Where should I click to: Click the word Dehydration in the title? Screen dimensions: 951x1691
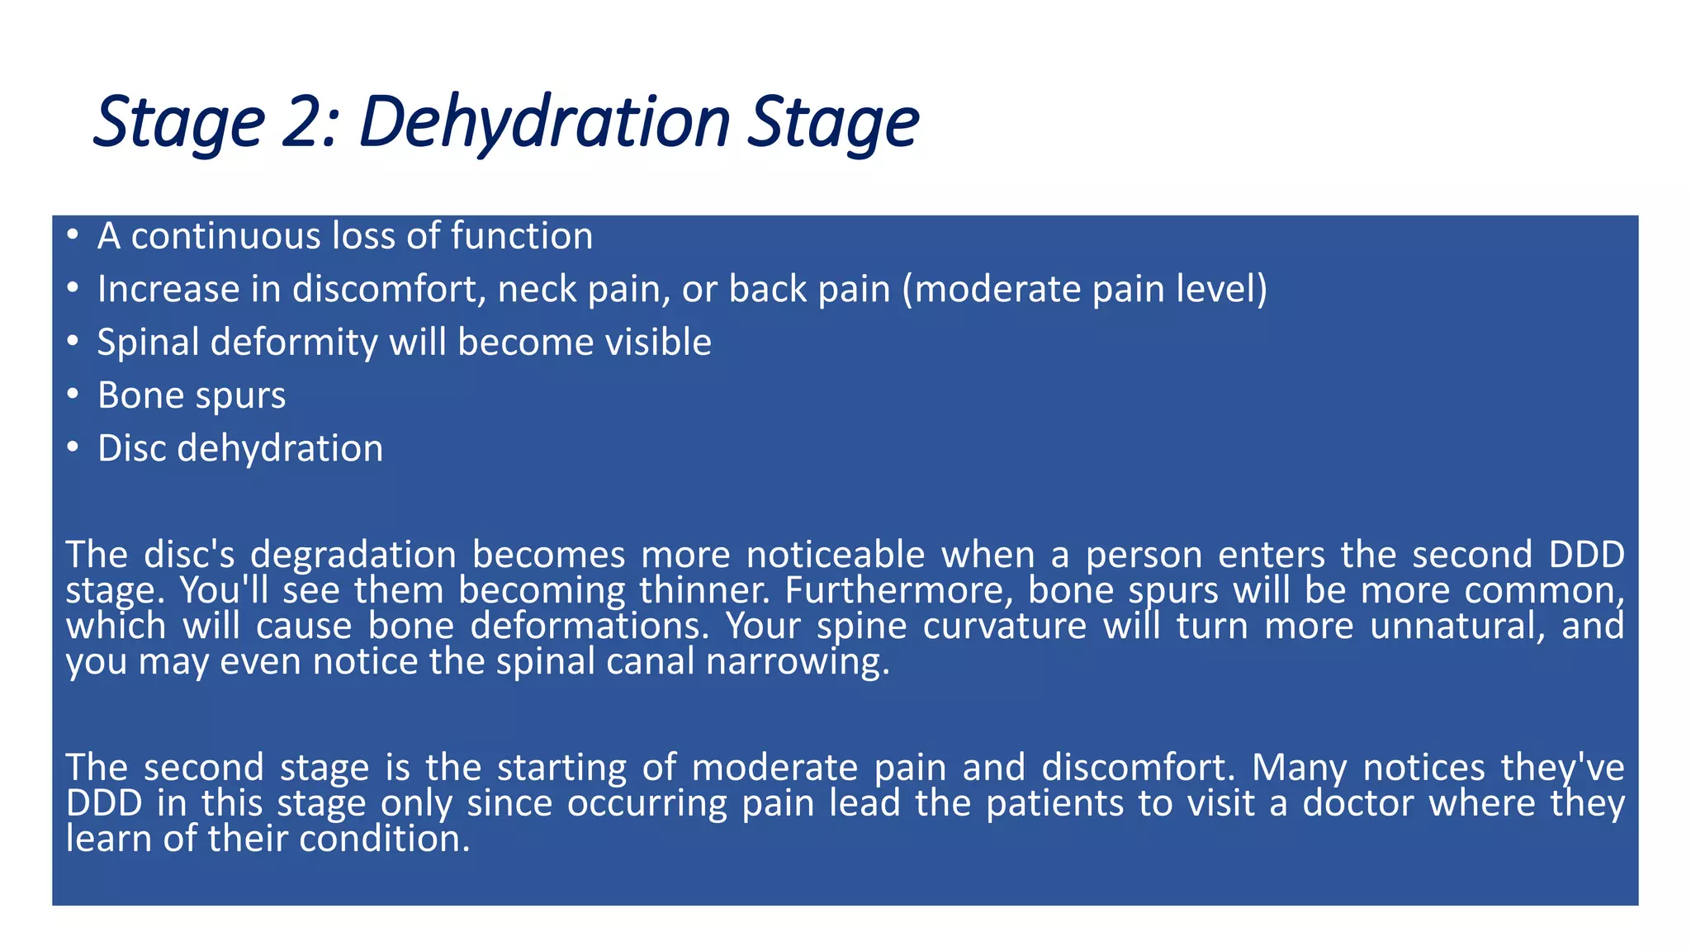coord(545,122)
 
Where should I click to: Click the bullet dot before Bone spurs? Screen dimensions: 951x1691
coord(73,395)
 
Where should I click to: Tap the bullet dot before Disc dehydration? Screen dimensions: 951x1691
coord(73,448)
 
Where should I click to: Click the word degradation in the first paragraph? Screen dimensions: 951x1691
coord(353,555)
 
